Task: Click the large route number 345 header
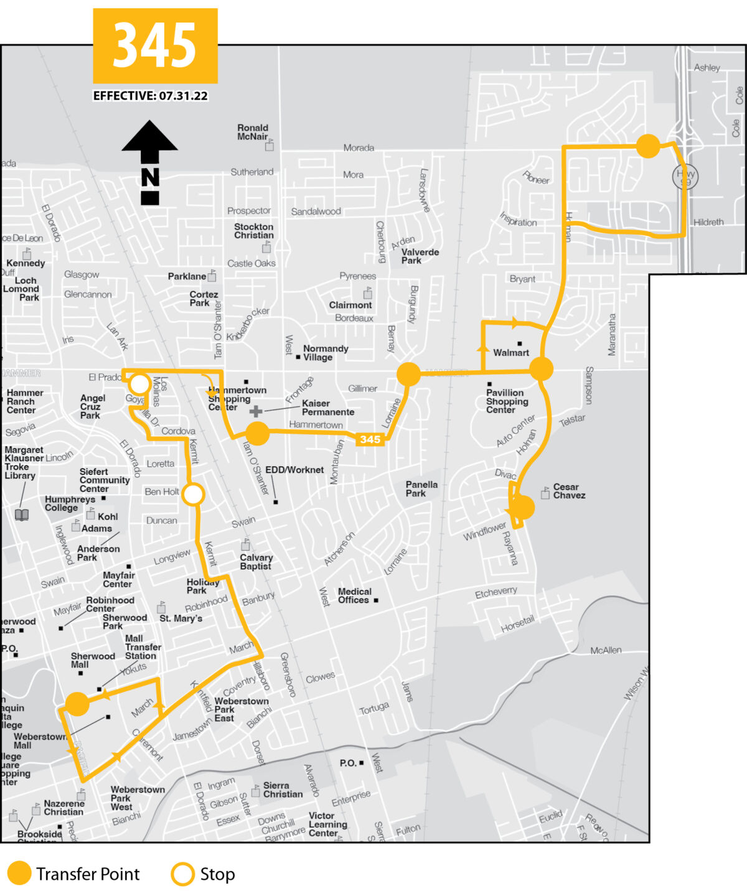(155, 45)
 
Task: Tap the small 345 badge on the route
(370, 439)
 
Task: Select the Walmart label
(511, 353)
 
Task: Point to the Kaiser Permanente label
(327, 408)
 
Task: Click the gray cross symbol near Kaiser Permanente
(256, 411)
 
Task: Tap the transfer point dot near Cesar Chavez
(523, 508)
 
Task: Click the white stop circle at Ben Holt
(194, 495)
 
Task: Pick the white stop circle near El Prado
(139, 384)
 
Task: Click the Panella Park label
(421, 489)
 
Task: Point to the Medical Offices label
(354, 596)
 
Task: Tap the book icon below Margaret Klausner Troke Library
(22, 515)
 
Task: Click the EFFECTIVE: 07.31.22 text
(151, 96)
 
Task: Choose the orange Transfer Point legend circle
(19, 874)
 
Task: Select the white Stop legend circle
(182, 874)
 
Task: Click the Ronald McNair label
(252, 132)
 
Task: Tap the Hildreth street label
(708, 222)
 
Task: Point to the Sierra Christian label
(283, 790)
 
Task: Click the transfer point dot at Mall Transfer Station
(77, 704)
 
